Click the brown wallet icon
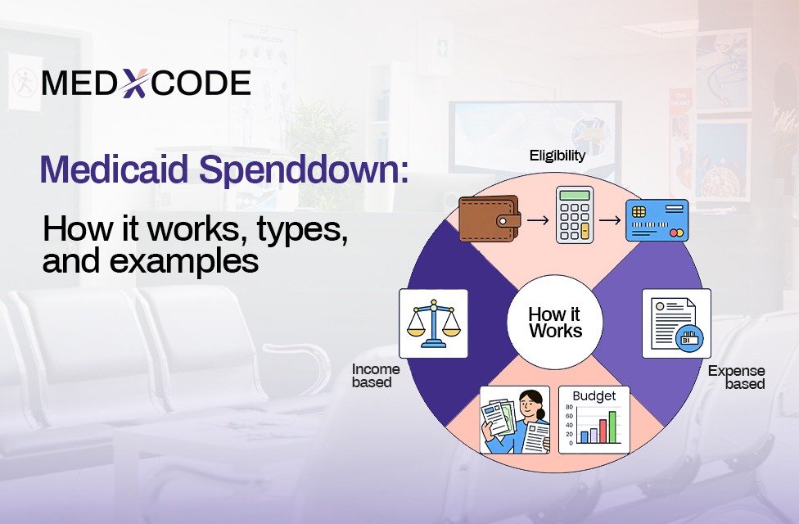point(490,219)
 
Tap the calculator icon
point(575,215)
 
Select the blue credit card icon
point(657,220)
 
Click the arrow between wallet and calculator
point(538,220)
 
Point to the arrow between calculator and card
point(609,220)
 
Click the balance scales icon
point(433,323)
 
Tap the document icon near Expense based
point(676,324)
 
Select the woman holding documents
point(515,420)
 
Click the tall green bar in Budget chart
point(612,427)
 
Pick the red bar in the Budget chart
point(603,431)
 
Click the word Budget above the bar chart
point(594,396)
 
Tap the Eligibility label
point(557,156)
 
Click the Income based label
point(376,376)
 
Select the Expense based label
point(736,377)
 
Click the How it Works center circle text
point(555,322)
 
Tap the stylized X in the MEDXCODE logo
point(135,83)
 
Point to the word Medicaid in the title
point(114,169)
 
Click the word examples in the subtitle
point(184,261)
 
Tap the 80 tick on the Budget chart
point(569,407)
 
